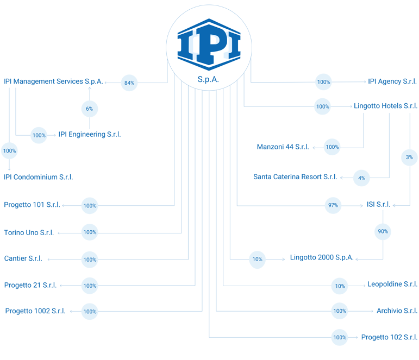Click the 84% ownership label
coord(129,83)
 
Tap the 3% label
coord(409,157)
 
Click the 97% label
coord(333,206)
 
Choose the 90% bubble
coord(383,231)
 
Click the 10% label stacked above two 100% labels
coord(340,286)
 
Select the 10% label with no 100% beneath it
coord(258,259)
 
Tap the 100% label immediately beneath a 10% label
coord(340,311)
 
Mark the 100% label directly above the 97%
coord(333,147)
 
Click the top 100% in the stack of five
coord(90,206)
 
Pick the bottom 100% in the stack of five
coord(90,312)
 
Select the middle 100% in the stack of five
coord(90,260)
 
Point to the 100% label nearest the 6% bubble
coord(39,135)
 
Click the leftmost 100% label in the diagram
coord(9,150)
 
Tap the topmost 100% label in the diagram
coord(323,82)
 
